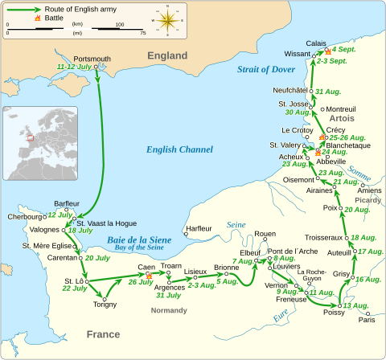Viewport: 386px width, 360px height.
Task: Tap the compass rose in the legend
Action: (168, 18)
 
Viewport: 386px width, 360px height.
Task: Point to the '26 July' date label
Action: (140, 282)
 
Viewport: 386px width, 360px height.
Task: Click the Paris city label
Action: (367, 320)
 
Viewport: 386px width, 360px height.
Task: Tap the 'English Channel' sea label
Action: (179, 149)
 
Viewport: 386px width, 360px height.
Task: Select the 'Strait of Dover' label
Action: (267, 69)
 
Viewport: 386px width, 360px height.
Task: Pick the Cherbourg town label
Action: (23, 216)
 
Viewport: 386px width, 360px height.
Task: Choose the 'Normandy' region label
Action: (167, 310)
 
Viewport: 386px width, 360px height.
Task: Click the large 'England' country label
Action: (166, 55)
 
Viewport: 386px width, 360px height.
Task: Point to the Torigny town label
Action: (105, 305)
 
